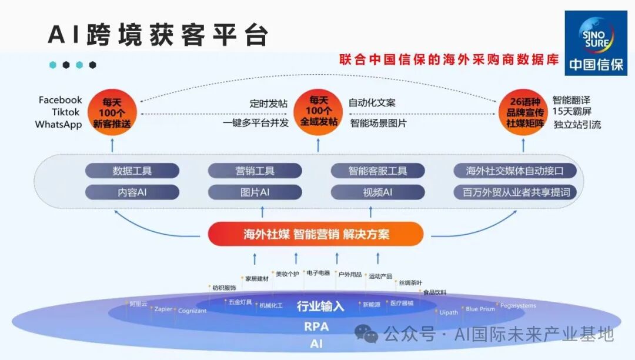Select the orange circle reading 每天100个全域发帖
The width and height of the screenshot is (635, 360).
point(318,111)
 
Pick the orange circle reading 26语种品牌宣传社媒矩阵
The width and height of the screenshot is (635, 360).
point(523,111)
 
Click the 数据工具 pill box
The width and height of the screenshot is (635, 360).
point(132,171)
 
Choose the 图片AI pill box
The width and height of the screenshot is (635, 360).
point(255,192)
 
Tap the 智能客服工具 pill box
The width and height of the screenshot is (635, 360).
point(377,171)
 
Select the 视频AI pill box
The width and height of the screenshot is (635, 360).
point(377,192)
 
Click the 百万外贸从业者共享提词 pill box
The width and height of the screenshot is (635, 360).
point(515,192)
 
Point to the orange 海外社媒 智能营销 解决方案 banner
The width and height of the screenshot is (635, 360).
point(316,234)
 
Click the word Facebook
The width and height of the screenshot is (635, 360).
point(61,100)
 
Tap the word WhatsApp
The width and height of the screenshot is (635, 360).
point(58,125)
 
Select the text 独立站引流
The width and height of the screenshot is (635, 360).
point(577,125)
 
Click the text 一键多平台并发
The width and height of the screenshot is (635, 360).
point(256,124)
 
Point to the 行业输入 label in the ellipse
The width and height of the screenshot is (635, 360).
point(320,306)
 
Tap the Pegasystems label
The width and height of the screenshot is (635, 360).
point(518,306)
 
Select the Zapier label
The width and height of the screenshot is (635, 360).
point(163,309)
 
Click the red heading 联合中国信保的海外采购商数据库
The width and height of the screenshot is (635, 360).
point(449,60)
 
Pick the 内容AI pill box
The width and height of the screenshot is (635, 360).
point(132,192)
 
